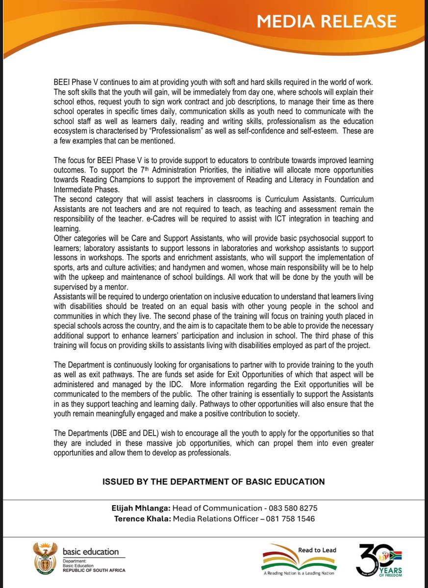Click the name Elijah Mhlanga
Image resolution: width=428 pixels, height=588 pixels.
pyautogui.click(x=140, y=508)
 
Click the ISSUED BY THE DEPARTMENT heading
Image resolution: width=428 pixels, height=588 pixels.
pyautogui.click(x=213, y=482)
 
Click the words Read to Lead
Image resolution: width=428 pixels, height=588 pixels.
pyautogui.click(x=317, y=550)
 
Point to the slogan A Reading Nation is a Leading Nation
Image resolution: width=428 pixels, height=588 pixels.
pyautogui.click(x=299, y=573)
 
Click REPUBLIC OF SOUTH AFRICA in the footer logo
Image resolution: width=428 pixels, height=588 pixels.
pyautogui.click(x=94, y=570)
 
